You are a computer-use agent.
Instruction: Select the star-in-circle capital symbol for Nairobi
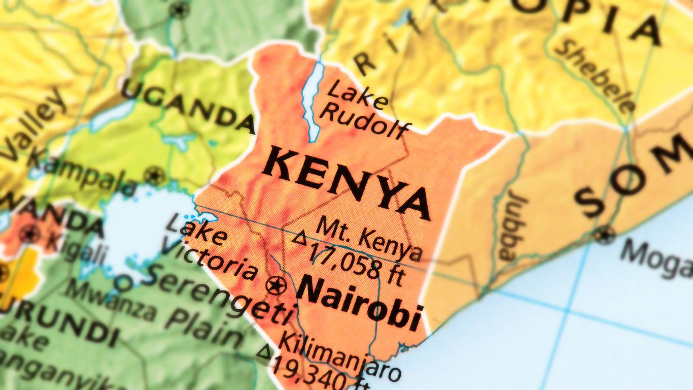[x=275, y=285]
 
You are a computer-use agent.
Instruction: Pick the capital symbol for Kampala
[x=154, y=176]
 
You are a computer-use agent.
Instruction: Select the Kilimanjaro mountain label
[x=340, y=355]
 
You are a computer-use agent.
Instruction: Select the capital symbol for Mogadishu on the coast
[x=604, y=235]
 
